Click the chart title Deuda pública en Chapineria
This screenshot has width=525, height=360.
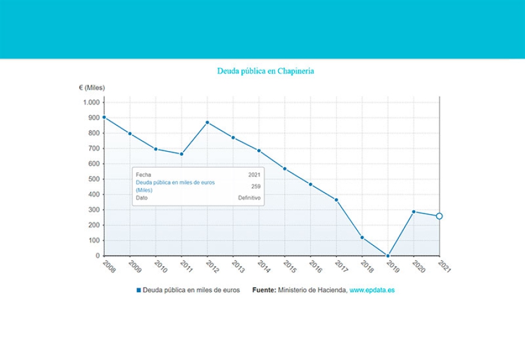point(265,71)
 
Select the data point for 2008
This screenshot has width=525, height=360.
point(104,117)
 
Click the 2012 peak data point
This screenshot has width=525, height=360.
point(207,123)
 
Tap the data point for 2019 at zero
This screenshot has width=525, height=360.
point(388,255)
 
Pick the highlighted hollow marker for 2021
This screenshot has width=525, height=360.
point(439,216)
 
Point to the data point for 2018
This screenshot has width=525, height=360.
point(362,237)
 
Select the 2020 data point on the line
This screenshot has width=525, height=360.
point(414,212)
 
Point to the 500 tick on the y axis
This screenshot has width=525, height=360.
point(94,179)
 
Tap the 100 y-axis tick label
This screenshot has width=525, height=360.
point(94,240)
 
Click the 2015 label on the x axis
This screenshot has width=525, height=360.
point(289,267)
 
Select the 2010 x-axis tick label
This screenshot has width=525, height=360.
point(160,267)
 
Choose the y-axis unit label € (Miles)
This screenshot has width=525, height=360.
point(92,88)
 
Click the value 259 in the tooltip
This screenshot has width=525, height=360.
point(256,187)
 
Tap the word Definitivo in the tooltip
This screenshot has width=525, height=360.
point(249,198)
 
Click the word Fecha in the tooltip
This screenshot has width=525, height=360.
point(143,174)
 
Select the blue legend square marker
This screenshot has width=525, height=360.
point(139,290)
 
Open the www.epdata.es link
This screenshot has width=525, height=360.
point(372,290)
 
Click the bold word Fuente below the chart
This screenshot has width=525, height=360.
point(264,290)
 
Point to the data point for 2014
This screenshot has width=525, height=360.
point(259,151)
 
